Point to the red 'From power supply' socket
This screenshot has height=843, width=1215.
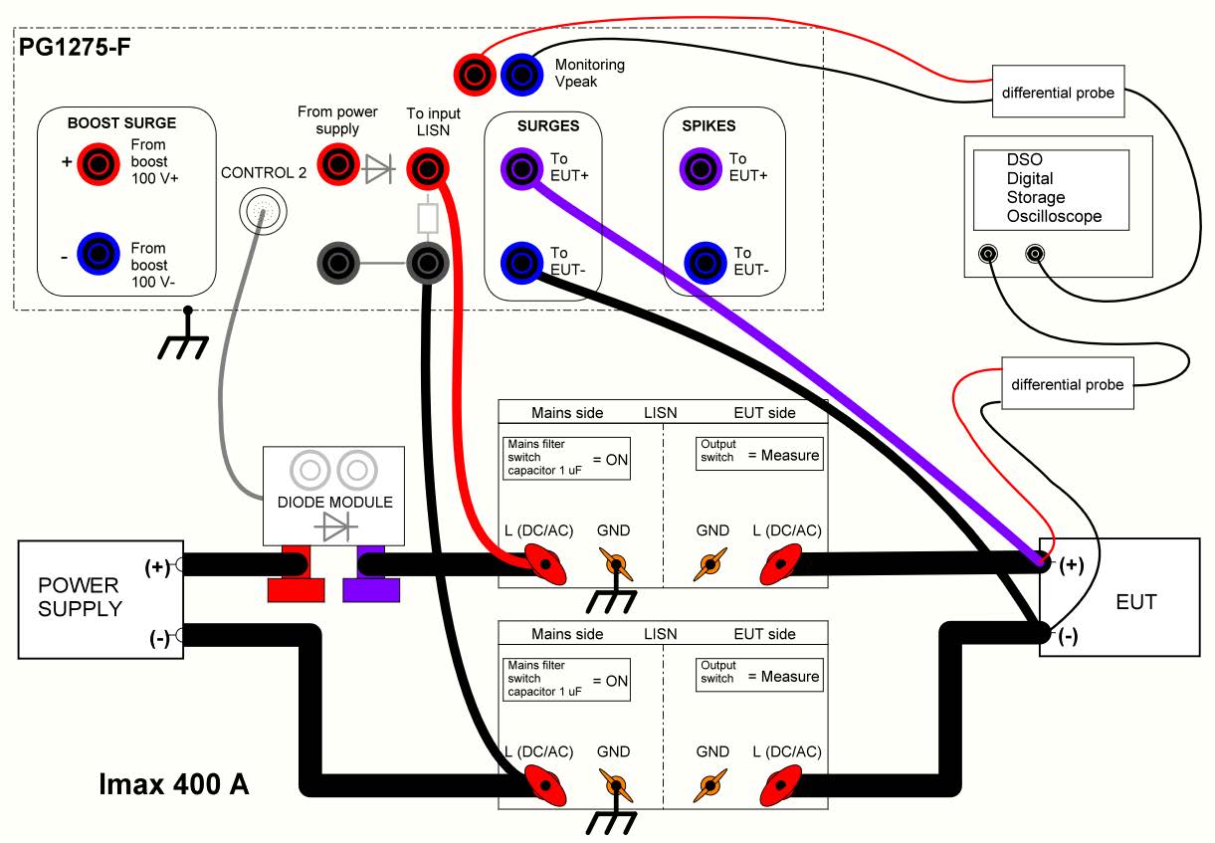coord(337,163)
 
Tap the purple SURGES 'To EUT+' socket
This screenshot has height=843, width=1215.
coord(521,168)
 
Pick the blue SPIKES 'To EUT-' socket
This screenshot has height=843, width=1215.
coord(705,262)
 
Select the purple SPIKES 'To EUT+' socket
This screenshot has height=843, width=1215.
coord(700,168)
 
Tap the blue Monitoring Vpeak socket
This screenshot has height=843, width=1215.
coord(520,72)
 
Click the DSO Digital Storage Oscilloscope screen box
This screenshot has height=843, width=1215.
coord(1051,189)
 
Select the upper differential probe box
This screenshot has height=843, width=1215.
coord(1058,93)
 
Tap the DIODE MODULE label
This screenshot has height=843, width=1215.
coord(334,502)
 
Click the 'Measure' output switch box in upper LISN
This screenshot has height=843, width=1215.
coord(759,455)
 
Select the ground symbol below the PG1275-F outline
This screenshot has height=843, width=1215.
coord(183,336)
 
